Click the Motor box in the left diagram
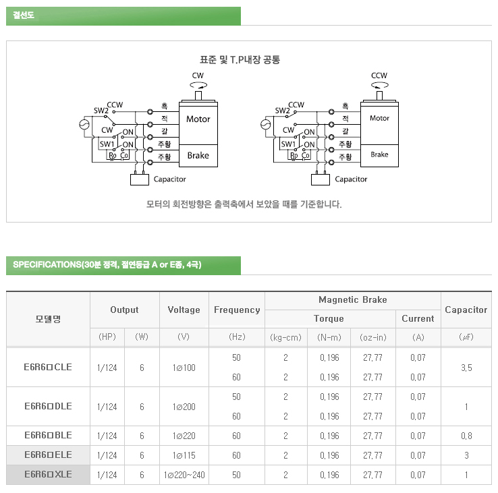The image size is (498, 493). click(x=198, y=119)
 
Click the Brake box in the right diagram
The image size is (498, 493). click(x=379, y=154)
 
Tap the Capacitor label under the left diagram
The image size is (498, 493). click(x=169, y=179)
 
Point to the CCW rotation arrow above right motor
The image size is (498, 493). click(x=379, y=85)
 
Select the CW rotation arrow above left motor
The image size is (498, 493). click(x=198, y=85)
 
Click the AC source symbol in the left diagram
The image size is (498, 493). click(x=85, y=125)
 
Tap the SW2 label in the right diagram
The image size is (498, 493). click(x=282, y=111)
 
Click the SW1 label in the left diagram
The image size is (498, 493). click(x=107, y=144)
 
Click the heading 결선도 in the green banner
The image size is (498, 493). click(x=24, y=16)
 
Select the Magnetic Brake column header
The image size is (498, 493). click(x=352, y=300)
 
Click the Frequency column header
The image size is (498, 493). click(x=237, y=310)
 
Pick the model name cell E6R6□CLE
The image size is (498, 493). click(x=48, y=367)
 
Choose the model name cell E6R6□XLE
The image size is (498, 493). click(x=48, y=475)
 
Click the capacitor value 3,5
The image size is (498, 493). click(x=466, y=367)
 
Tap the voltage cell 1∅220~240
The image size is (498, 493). click(x=184, y=475)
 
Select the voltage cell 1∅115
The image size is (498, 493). click(x=184, y=456)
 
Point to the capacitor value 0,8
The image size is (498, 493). click(x=466, y=436)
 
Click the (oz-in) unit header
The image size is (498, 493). click(x=372, y=337)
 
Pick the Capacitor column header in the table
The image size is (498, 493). click(x=466, y=310)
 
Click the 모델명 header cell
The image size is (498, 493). click(x=48, y=318)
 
